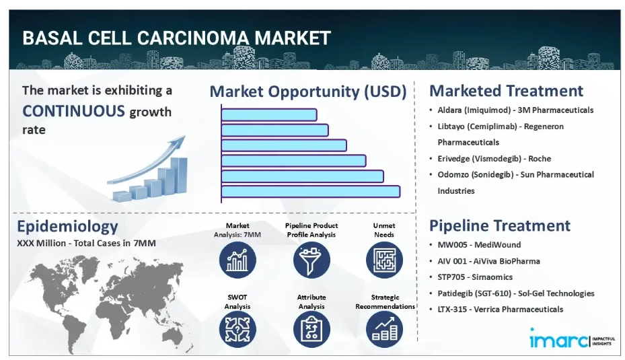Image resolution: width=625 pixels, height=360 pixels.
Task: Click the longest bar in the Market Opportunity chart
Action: coord(311,191)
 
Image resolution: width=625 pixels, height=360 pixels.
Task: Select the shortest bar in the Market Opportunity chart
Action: coord(269,115)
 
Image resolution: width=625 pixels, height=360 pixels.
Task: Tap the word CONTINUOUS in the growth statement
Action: coord(74,111)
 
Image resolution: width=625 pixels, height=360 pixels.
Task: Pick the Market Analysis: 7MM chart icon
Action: coord(237,260)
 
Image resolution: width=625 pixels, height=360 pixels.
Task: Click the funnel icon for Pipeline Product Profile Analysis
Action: coord(311,260)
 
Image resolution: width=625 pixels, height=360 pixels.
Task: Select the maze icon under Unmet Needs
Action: coord(384,260)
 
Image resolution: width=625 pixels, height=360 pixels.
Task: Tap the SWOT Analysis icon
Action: coord(237,329)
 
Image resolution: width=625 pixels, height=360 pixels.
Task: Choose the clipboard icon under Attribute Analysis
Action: coord(311,329)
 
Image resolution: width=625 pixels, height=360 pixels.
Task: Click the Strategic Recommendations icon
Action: coord(384,329)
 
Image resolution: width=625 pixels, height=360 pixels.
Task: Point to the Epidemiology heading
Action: coord(67,227)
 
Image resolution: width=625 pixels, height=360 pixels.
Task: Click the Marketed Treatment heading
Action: coord(506,91)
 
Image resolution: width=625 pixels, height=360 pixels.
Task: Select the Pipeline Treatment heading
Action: coord(500,225)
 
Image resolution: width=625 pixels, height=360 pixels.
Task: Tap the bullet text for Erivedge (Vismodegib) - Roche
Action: coord(494,159)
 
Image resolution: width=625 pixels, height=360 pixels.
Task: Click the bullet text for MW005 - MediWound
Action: coord(479,245)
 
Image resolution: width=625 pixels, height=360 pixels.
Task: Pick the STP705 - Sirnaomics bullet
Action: coord(475,277)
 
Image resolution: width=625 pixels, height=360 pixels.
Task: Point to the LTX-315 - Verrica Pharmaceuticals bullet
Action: coord(501,310)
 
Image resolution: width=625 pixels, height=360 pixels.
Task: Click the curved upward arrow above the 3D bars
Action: coord(146,161)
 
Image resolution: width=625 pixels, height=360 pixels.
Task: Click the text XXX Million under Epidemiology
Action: coord(41,243)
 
